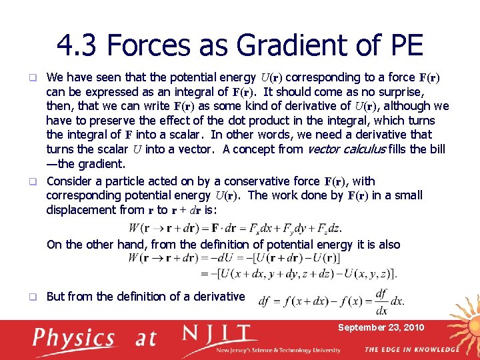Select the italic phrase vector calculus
[x=349, y=149]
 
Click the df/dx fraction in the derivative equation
[x=381, y=301]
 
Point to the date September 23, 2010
[x=381, y=327]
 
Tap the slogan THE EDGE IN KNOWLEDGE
[x=411, y=350]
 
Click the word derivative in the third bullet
[x=213, y=297]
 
